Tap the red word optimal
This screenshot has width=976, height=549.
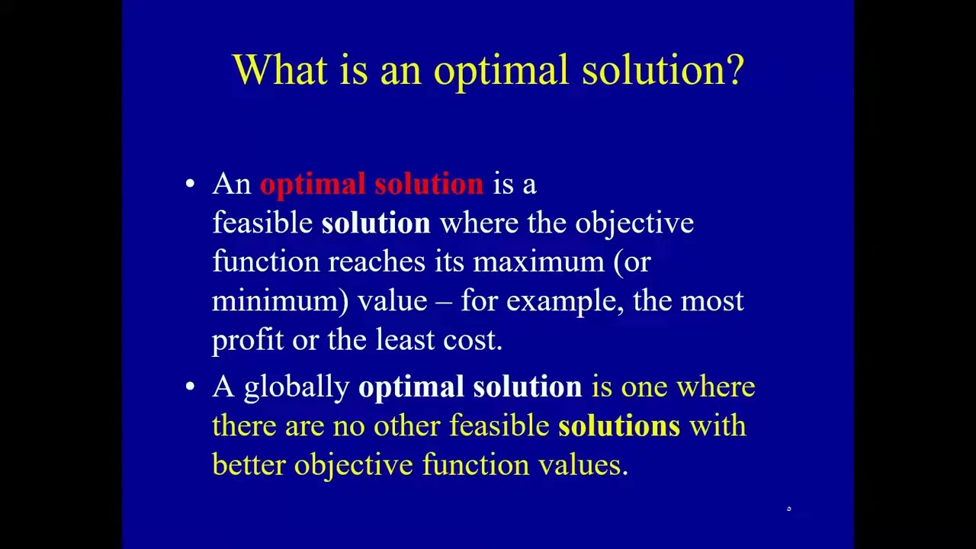click(x=313, y=185)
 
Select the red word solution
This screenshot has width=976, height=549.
click(x=429, y=185)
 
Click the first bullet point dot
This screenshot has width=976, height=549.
click(x=190, y=184)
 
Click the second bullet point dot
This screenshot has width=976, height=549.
click(x=190, y=387)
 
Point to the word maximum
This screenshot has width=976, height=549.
click(x=538, y=262)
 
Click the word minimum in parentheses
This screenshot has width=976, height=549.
click(x=274, y=301)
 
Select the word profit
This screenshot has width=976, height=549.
click(x=247, y=340)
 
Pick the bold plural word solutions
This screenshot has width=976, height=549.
click(x=618, y=426)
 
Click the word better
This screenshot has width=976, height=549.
click(x=249, y=465)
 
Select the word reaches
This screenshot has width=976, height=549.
click(x=376, y=262)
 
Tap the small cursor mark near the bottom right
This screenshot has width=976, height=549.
click(x=789, y=509)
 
